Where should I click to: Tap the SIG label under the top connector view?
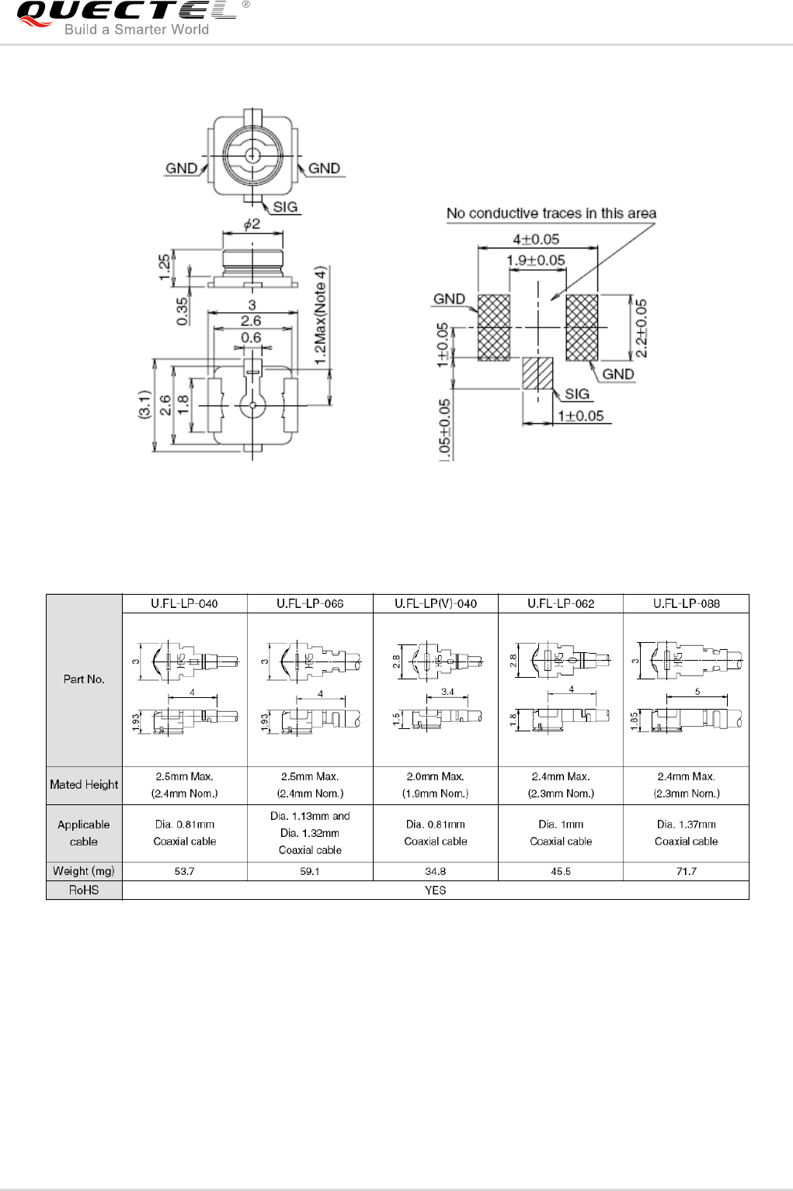(x=285, y=207)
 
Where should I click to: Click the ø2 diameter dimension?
(x=252, y=224)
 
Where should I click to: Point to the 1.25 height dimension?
(x=165, y=266)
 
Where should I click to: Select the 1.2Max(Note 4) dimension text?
(x=321, y=313)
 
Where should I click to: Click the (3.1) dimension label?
(x=144, y=405)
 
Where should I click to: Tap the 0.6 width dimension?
(x=251, y=338)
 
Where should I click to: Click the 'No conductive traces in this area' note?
(x=551, y=213)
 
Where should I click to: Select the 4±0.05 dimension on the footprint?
(x=535, y=239)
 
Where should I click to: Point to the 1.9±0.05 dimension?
(x=535, y=260)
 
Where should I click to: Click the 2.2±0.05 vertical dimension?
(x=641, y=328)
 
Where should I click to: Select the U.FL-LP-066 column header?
(x=310, y=603)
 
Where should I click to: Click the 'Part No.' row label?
(x=84, y=679)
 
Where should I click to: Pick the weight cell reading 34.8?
(x=435, y=871)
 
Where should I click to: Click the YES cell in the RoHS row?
(x=435, y=890)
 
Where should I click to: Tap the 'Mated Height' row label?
(x=84, y=785)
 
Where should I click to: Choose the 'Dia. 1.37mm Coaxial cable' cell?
(x=686, y=833)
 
